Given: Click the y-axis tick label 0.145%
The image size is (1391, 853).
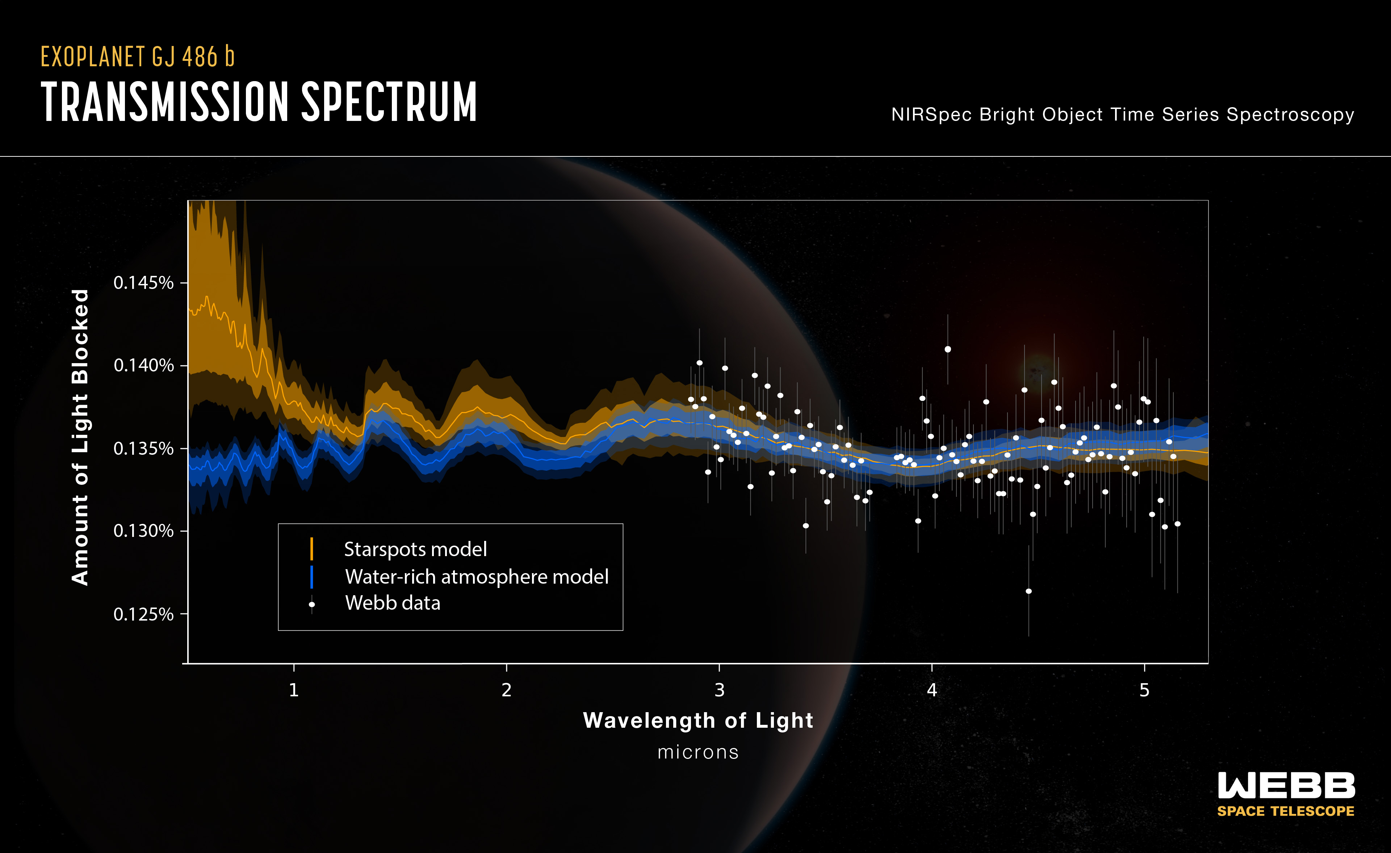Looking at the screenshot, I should click(143, 283).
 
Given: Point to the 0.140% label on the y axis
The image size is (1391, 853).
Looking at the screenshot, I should click(143, 366).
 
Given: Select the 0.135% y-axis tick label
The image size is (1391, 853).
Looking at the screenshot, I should click(143, 449).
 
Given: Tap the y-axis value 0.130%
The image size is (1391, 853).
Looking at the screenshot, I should click(143, 531).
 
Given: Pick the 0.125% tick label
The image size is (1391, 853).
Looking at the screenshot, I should click(143, 614).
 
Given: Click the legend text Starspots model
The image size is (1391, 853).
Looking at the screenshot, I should click(415, 549).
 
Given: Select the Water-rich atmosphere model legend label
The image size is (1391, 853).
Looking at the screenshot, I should click(477, 576).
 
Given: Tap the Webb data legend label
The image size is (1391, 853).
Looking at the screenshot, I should click(392, 603).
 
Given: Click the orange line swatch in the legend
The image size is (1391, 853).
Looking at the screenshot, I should click(311, 549).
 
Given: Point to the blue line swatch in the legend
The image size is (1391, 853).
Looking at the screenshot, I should click(311, 576).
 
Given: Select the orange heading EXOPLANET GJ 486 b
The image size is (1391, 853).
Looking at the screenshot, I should click(137, 57).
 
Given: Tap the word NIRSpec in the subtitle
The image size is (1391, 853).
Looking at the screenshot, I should click(931, 115).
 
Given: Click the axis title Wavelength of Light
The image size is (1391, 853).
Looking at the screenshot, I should click(698, 720).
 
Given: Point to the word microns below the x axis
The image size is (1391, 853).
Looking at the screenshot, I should click(698, 752).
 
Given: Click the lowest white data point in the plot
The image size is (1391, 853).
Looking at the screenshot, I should click(1028, 592).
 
